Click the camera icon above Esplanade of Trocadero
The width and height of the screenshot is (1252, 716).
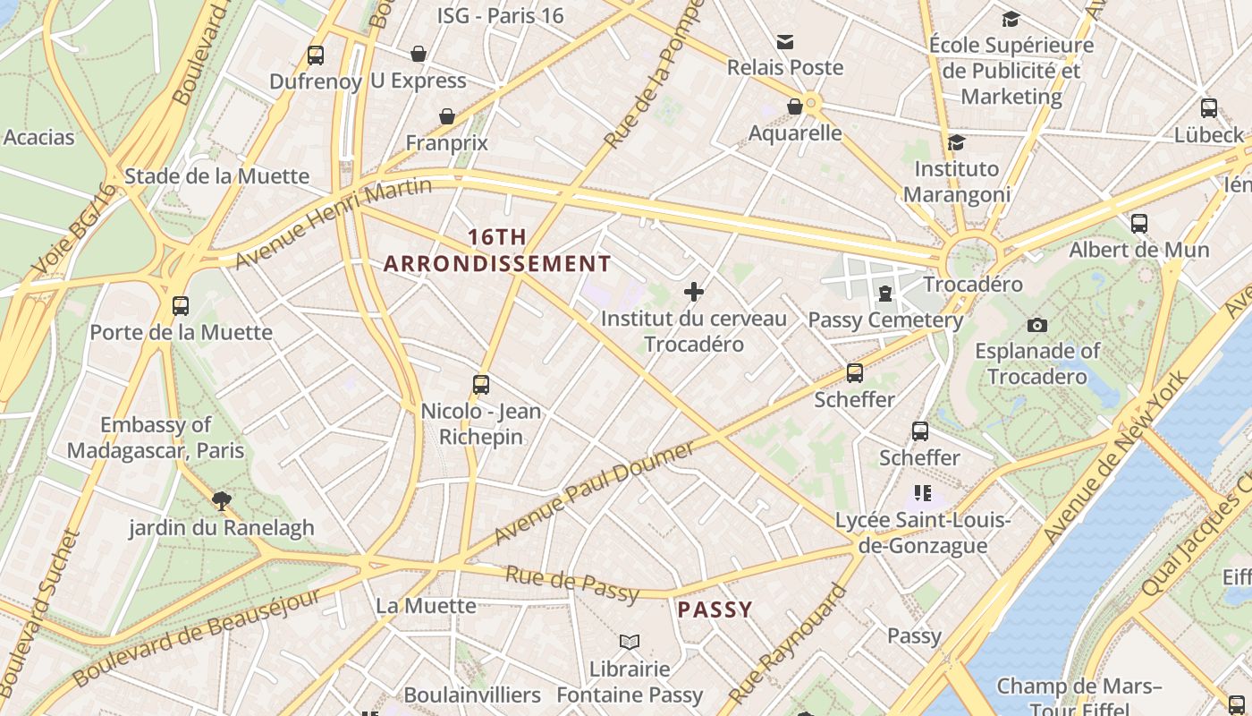coord(1037,325)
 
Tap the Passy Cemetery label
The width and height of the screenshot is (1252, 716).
coord(884,320)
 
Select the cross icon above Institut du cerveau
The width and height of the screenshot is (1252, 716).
coord(694,291)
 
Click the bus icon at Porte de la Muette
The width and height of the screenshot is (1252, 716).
coord(181,306)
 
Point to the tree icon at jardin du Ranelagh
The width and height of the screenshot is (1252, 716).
coord(221,500)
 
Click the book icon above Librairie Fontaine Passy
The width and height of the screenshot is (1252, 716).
coord(630,642)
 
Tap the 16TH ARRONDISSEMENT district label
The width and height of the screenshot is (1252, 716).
coord(497,251)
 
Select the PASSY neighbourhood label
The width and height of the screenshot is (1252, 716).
coord(715,609)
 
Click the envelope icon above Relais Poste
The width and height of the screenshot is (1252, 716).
coord(785,41)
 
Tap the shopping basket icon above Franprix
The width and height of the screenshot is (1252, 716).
coord(446,116)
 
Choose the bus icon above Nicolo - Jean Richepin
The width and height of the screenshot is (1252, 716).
coord(481,385)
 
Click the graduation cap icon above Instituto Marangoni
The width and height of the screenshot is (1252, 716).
coord(956,142)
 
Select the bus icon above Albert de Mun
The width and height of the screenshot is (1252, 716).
coord(1139,224)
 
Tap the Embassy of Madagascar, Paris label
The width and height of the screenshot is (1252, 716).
coord(156,438)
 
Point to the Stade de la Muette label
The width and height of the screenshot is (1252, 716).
coord(216,175)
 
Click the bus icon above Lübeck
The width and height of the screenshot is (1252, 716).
coord(1209,108)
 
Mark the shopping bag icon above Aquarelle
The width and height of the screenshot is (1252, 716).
coord(794,107)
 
